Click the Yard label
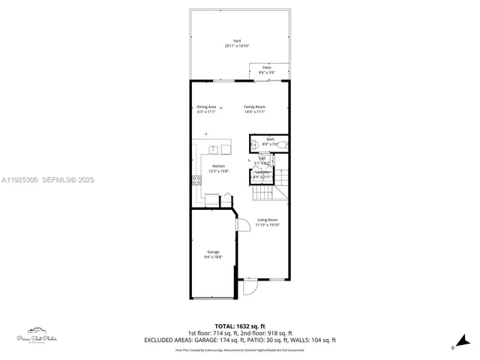click(x=236, y=40)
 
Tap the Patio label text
click(x=266, y=67)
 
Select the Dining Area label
click(x=206, y=106)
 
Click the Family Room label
click(x=254, y=106)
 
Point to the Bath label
click(x=270, y=139)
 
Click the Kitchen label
click(x=218, y=166)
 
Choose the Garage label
click(x=213, y=252)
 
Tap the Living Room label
click(x=267, y=220)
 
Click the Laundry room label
click(x=262, y=172)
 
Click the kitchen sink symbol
click(x=213, y=148)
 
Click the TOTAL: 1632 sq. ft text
click(x=239, y=326)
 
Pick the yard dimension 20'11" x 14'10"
click(x=236, y=46)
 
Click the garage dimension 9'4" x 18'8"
click(x=213, y=257)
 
